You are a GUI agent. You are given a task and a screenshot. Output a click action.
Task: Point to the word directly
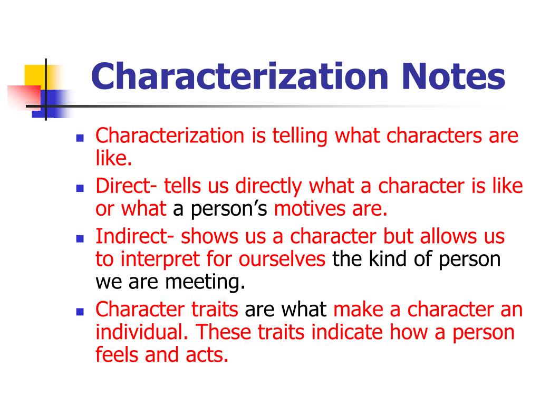click(x=269, y=186)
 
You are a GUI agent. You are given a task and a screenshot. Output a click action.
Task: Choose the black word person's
click(x=221, y=209)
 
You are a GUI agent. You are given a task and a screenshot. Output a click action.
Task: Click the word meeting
click(x=206, y=283)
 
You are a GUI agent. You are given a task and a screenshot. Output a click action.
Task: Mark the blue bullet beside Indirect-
click(x=80, y=238)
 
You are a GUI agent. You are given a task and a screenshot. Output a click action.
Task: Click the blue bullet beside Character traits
click(x=80, y=311)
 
